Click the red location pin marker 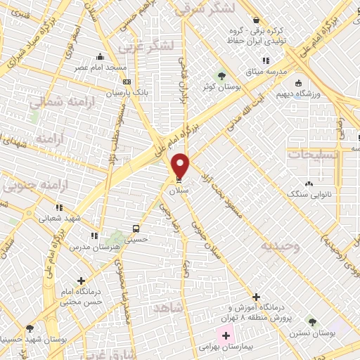181,165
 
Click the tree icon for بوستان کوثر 221,75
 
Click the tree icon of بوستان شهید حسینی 30,328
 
